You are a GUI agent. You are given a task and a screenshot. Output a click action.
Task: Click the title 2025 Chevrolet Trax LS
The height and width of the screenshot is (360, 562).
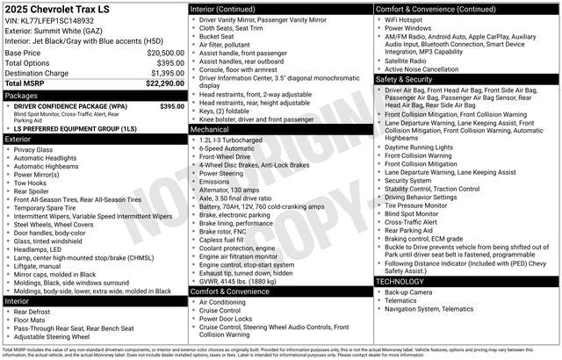coord(57,9)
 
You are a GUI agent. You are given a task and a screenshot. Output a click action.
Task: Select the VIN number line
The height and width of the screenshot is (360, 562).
coord(50,20)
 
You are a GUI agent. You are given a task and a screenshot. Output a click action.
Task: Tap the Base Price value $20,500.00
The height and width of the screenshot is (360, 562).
coord(165,53)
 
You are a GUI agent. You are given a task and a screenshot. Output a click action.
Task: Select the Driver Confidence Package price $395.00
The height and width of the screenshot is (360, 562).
coord(171,105)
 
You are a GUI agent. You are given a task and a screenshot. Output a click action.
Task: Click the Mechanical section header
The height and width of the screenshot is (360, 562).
coord(211,128)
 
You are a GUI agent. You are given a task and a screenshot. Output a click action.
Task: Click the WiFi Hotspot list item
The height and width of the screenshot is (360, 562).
coord(406,18)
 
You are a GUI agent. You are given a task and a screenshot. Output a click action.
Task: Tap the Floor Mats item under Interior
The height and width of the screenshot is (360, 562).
coord(31,320)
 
